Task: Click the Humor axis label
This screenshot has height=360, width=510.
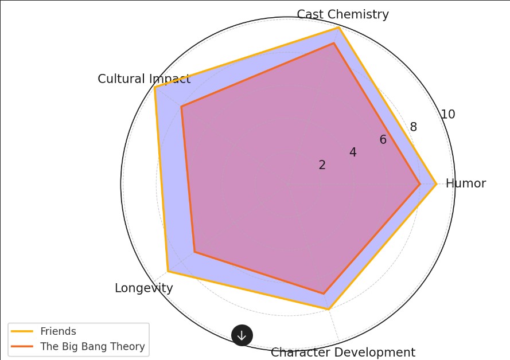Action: (x=465, y=183)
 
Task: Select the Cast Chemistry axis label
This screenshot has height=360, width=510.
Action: (x=342, y=14)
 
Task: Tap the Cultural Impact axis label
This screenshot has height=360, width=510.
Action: (x=143, y=79)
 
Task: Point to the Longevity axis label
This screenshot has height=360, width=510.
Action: (x=143, y=288)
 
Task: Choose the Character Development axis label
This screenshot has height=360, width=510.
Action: (x=342, y=353)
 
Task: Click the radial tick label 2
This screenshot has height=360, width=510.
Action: (x=322, y=165)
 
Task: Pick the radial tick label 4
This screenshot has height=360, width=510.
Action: (x=353, y=152)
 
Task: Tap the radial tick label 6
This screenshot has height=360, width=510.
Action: (x=383, y=140)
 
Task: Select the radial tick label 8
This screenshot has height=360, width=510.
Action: (x=413, y=127)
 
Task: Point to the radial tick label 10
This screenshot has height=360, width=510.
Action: (x=447, y=114)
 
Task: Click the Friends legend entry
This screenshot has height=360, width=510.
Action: (x=58, y=331)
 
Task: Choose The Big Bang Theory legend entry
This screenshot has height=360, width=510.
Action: (x=92, y=347)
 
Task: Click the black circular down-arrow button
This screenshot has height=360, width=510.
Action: (x=242, y=335)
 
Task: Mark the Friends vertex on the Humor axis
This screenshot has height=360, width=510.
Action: (x=436, y=184)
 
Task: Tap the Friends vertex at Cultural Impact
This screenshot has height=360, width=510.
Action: (x=155, y=87)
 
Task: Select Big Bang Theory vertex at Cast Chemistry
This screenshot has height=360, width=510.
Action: (x=333, y=43)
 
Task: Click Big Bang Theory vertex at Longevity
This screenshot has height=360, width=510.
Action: (x=194, y=252)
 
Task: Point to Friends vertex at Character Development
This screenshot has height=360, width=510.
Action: (x=329, y=310)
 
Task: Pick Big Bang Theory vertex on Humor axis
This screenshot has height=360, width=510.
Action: (x=420, y=184)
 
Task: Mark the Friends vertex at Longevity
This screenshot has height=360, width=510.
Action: (x=168, y=271)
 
